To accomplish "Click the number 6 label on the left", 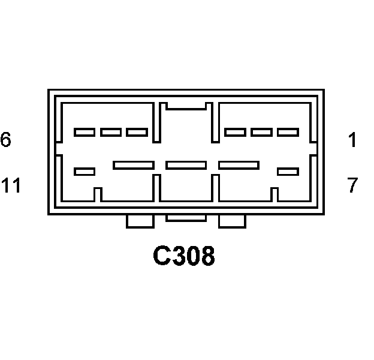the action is [6, 140].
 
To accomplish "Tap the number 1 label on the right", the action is [352, 140].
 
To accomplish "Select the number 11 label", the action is [11, 185].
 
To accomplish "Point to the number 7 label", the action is [352, 185].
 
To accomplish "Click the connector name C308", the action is [184, 257].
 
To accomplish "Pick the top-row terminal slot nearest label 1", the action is [288, 132].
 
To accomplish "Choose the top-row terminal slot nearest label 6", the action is [85, 132].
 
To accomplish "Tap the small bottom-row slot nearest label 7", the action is [288, 172].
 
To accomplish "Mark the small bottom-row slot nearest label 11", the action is [85, 172].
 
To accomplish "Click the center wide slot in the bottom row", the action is [186, 165].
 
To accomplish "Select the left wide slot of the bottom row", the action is [134, 165].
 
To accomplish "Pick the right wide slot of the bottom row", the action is [239, 165].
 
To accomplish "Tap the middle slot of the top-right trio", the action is [262, 132].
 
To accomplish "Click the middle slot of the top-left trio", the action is [111, 132].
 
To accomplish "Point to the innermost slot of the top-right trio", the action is [236, 132].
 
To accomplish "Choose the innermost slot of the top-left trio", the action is [137, 132].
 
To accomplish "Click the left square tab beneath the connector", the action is [140, 221].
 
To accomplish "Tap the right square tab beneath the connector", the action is [232, 221].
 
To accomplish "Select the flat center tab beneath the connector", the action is [186, 217].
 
